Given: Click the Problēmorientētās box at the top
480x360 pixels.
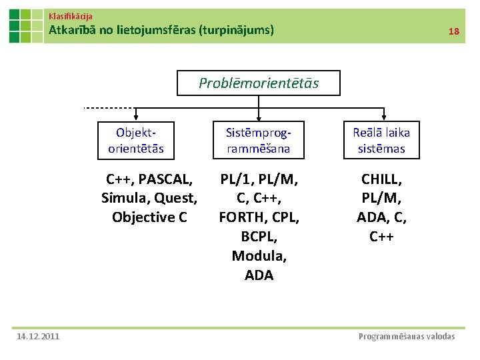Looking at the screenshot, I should [259, 83].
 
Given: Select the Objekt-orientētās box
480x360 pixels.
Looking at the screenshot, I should [136, 141].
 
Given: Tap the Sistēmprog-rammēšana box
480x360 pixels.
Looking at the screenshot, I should [259, 141].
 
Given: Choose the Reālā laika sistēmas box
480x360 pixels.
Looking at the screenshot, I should [381, 141].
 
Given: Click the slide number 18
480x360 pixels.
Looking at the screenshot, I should [454, 31].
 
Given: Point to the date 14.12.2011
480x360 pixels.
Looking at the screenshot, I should [39, 336].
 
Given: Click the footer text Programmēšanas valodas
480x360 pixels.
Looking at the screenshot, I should [407, 336].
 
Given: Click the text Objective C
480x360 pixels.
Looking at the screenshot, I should [149, 217].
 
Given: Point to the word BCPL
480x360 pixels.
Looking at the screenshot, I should [259, 236].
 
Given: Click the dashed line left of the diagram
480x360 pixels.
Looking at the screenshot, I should [108, 107].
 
